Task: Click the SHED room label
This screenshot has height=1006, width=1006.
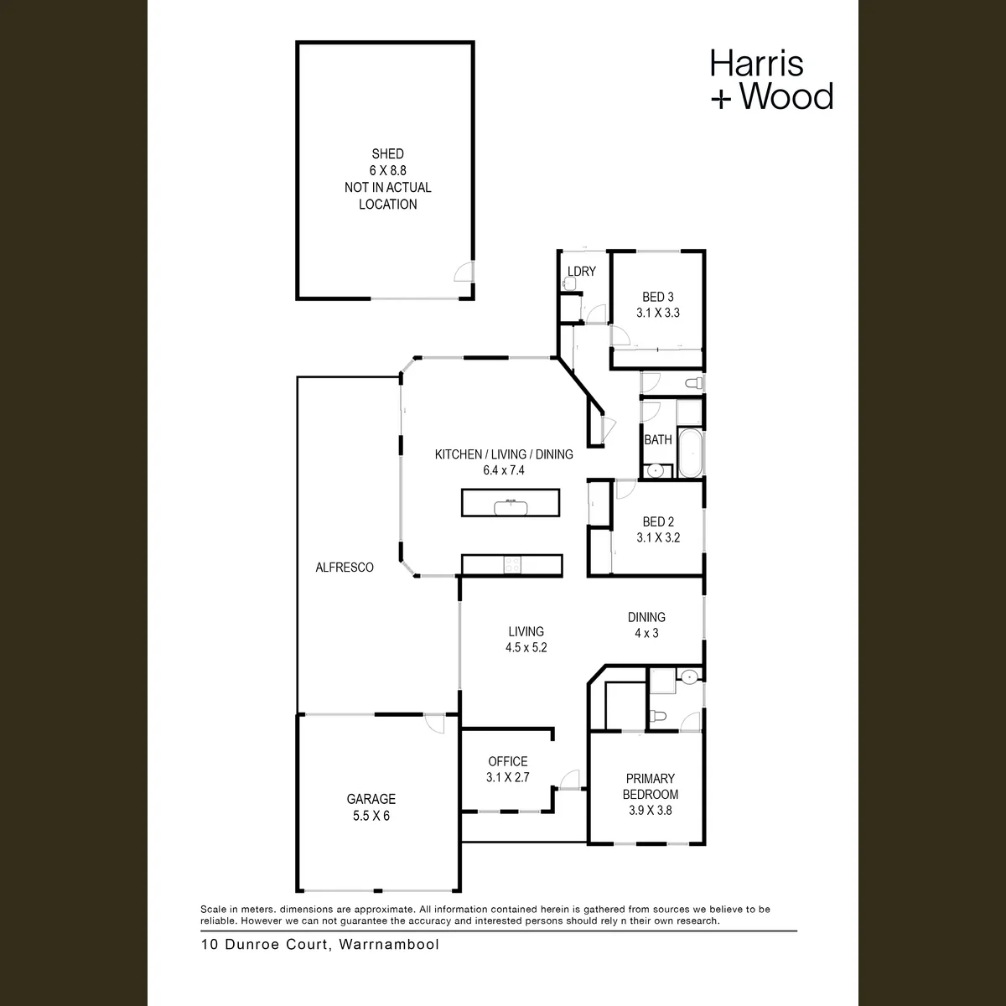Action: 387,154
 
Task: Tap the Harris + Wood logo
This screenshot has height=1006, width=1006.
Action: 771,80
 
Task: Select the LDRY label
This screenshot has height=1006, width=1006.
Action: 582,271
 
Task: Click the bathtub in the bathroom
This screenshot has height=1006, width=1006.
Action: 690,454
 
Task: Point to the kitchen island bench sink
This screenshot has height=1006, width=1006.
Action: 511,507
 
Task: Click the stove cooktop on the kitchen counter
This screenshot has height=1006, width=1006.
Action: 512,565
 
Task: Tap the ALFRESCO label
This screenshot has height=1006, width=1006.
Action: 345,567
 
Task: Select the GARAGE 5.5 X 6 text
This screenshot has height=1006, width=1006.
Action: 371,807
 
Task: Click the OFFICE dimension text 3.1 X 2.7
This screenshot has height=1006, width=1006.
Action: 508,777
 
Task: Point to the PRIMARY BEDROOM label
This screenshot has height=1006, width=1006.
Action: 651,786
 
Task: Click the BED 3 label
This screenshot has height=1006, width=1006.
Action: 658,297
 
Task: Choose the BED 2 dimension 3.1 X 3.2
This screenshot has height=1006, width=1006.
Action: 658,537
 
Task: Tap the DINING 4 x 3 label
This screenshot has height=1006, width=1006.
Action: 647,625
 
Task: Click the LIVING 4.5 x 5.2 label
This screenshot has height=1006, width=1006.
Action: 526,640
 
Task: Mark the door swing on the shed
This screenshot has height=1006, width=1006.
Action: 464,272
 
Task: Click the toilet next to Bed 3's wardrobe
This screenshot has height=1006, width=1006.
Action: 694,383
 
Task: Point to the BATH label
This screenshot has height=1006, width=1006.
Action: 658,439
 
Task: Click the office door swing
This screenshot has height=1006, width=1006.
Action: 569,780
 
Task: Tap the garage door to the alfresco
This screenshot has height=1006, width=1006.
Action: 434,723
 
